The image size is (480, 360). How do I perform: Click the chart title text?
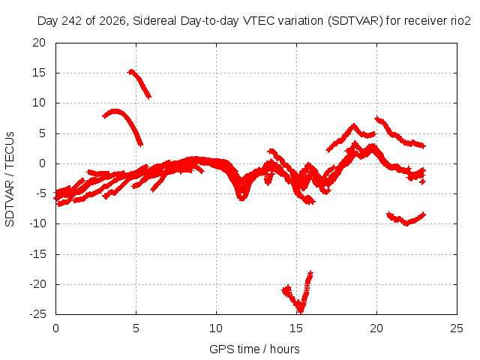(x=253, y=21)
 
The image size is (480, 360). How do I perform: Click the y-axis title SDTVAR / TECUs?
(x=10, y=179)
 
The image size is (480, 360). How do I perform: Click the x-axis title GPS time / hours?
(x=254, y=349)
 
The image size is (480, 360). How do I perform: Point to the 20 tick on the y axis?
(x=39, y=43)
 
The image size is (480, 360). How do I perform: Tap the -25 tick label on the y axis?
(x=37, y=314)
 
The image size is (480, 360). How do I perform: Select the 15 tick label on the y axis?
(x=39, y=73)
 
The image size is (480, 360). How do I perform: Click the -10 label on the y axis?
(x=37, y=223)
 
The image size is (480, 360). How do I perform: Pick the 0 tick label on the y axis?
(x=42, y=163)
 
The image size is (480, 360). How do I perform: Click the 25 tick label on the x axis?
(x=457, y=328)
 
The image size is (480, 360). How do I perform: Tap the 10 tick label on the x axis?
(x=216, y=328)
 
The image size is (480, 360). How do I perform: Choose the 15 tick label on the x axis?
(x=296, y=328)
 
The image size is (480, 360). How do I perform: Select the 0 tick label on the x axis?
(x=55, y=328)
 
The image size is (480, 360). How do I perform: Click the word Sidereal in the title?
(x=154, y=21)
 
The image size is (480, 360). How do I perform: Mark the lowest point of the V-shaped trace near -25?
(x=301, y=311)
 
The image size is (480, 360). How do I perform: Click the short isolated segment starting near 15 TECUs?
(x=140, y=82)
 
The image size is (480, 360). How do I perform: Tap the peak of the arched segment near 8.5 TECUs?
(x=115, y=111)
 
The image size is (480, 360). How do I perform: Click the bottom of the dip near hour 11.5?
(x=241, y=198)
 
